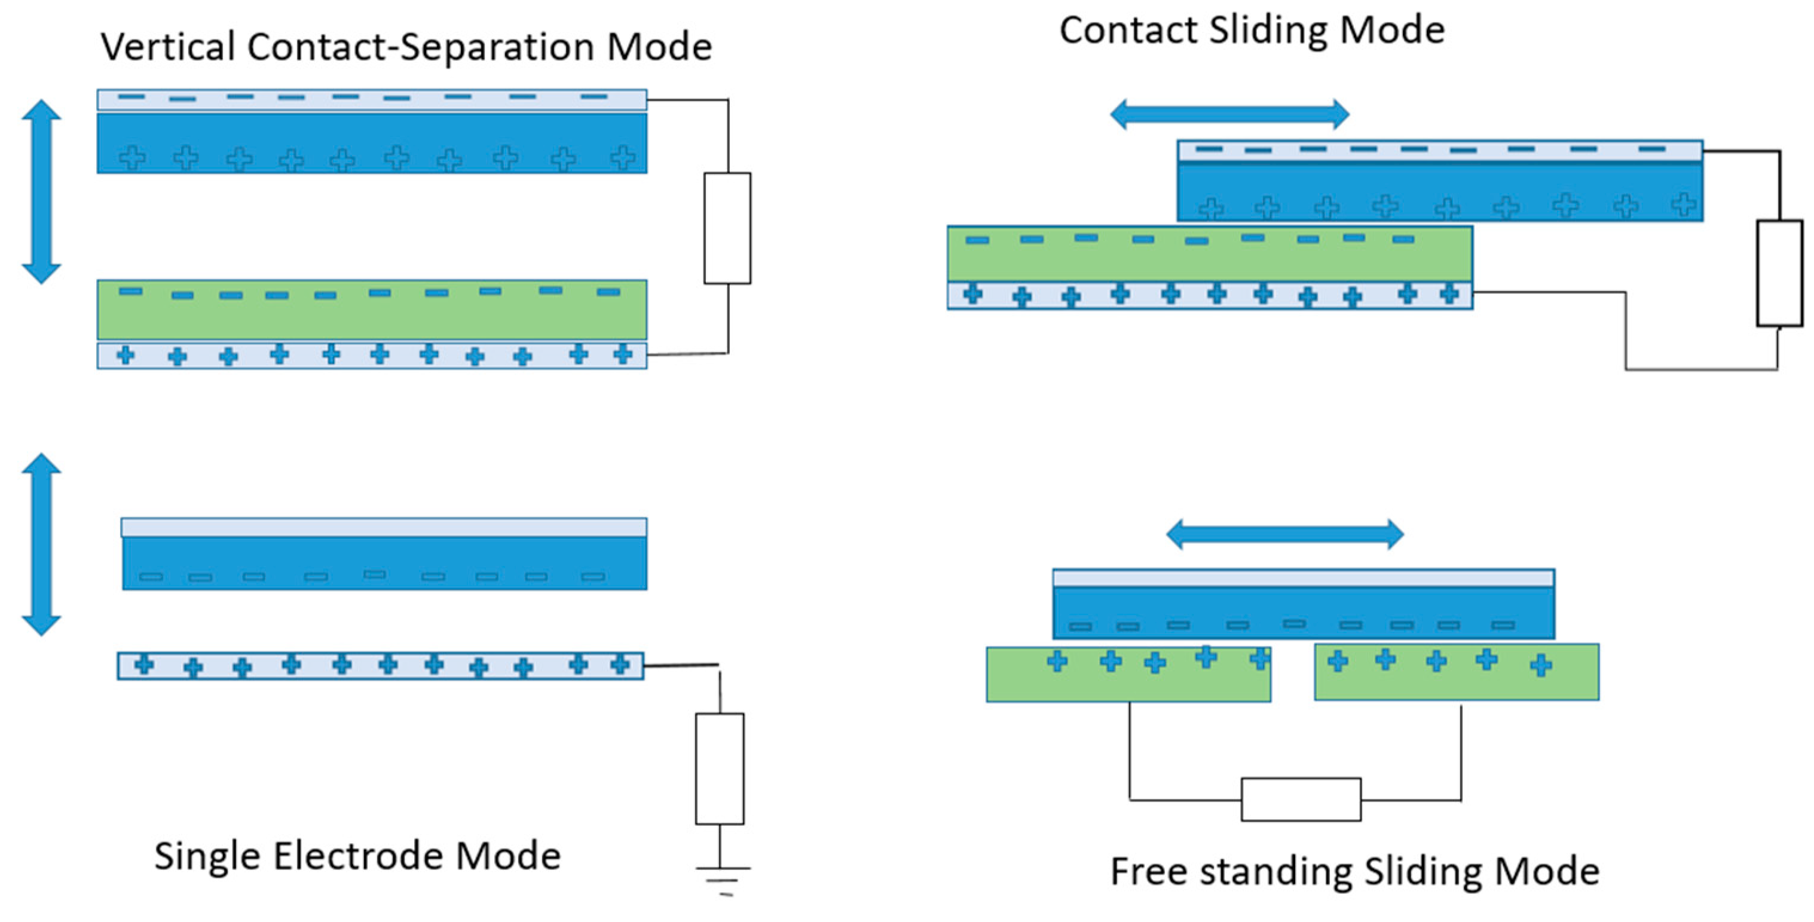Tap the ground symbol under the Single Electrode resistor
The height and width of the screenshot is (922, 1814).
723,880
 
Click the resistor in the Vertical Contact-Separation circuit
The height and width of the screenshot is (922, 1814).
727,228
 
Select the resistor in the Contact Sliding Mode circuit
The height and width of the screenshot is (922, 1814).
1779,273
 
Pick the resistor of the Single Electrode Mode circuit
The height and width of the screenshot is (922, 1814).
720,768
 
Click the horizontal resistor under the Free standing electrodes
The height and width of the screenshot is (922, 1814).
1301,799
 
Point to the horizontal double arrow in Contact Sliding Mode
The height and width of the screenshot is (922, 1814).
1229,114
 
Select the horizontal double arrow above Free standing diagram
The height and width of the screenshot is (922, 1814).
1285,534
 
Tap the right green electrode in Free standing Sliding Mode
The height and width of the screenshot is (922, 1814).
1456,672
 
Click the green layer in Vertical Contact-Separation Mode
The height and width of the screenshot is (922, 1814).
372,310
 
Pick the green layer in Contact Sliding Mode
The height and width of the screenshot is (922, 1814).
1210,254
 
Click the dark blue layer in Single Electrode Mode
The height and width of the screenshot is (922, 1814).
384,563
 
